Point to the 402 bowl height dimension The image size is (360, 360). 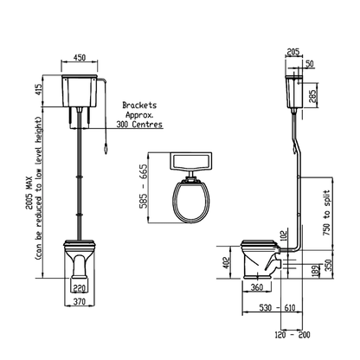pyautogui.click(x=227, y=261)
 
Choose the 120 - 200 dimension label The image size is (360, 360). pyautogui.click(x=292, y=334)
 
